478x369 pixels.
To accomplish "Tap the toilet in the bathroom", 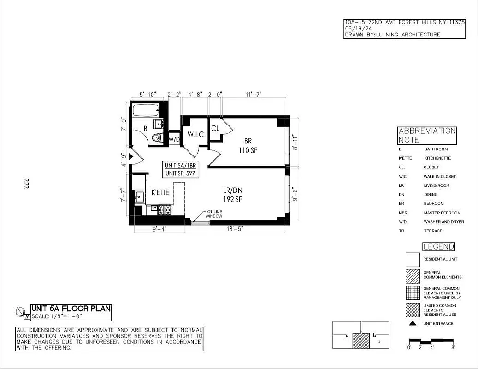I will tap(156, 137).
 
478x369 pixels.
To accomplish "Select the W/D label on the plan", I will tap(174, 139).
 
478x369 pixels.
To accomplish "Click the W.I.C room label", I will tap(195, 135).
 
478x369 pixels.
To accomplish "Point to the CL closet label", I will tap(215, 129).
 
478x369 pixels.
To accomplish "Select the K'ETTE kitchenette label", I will tap(160, 192).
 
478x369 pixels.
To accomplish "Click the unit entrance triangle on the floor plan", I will tap(131, 157).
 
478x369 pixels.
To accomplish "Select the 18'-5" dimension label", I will tap(234, 228).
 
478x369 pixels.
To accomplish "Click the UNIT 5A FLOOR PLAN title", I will tap(71, 308).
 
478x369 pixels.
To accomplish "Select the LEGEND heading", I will tap(439, 247).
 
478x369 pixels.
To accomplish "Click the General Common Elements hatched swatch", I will tap(413, 276).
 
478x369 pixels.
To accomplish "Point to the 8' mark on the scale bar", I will tap(453, 347).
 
